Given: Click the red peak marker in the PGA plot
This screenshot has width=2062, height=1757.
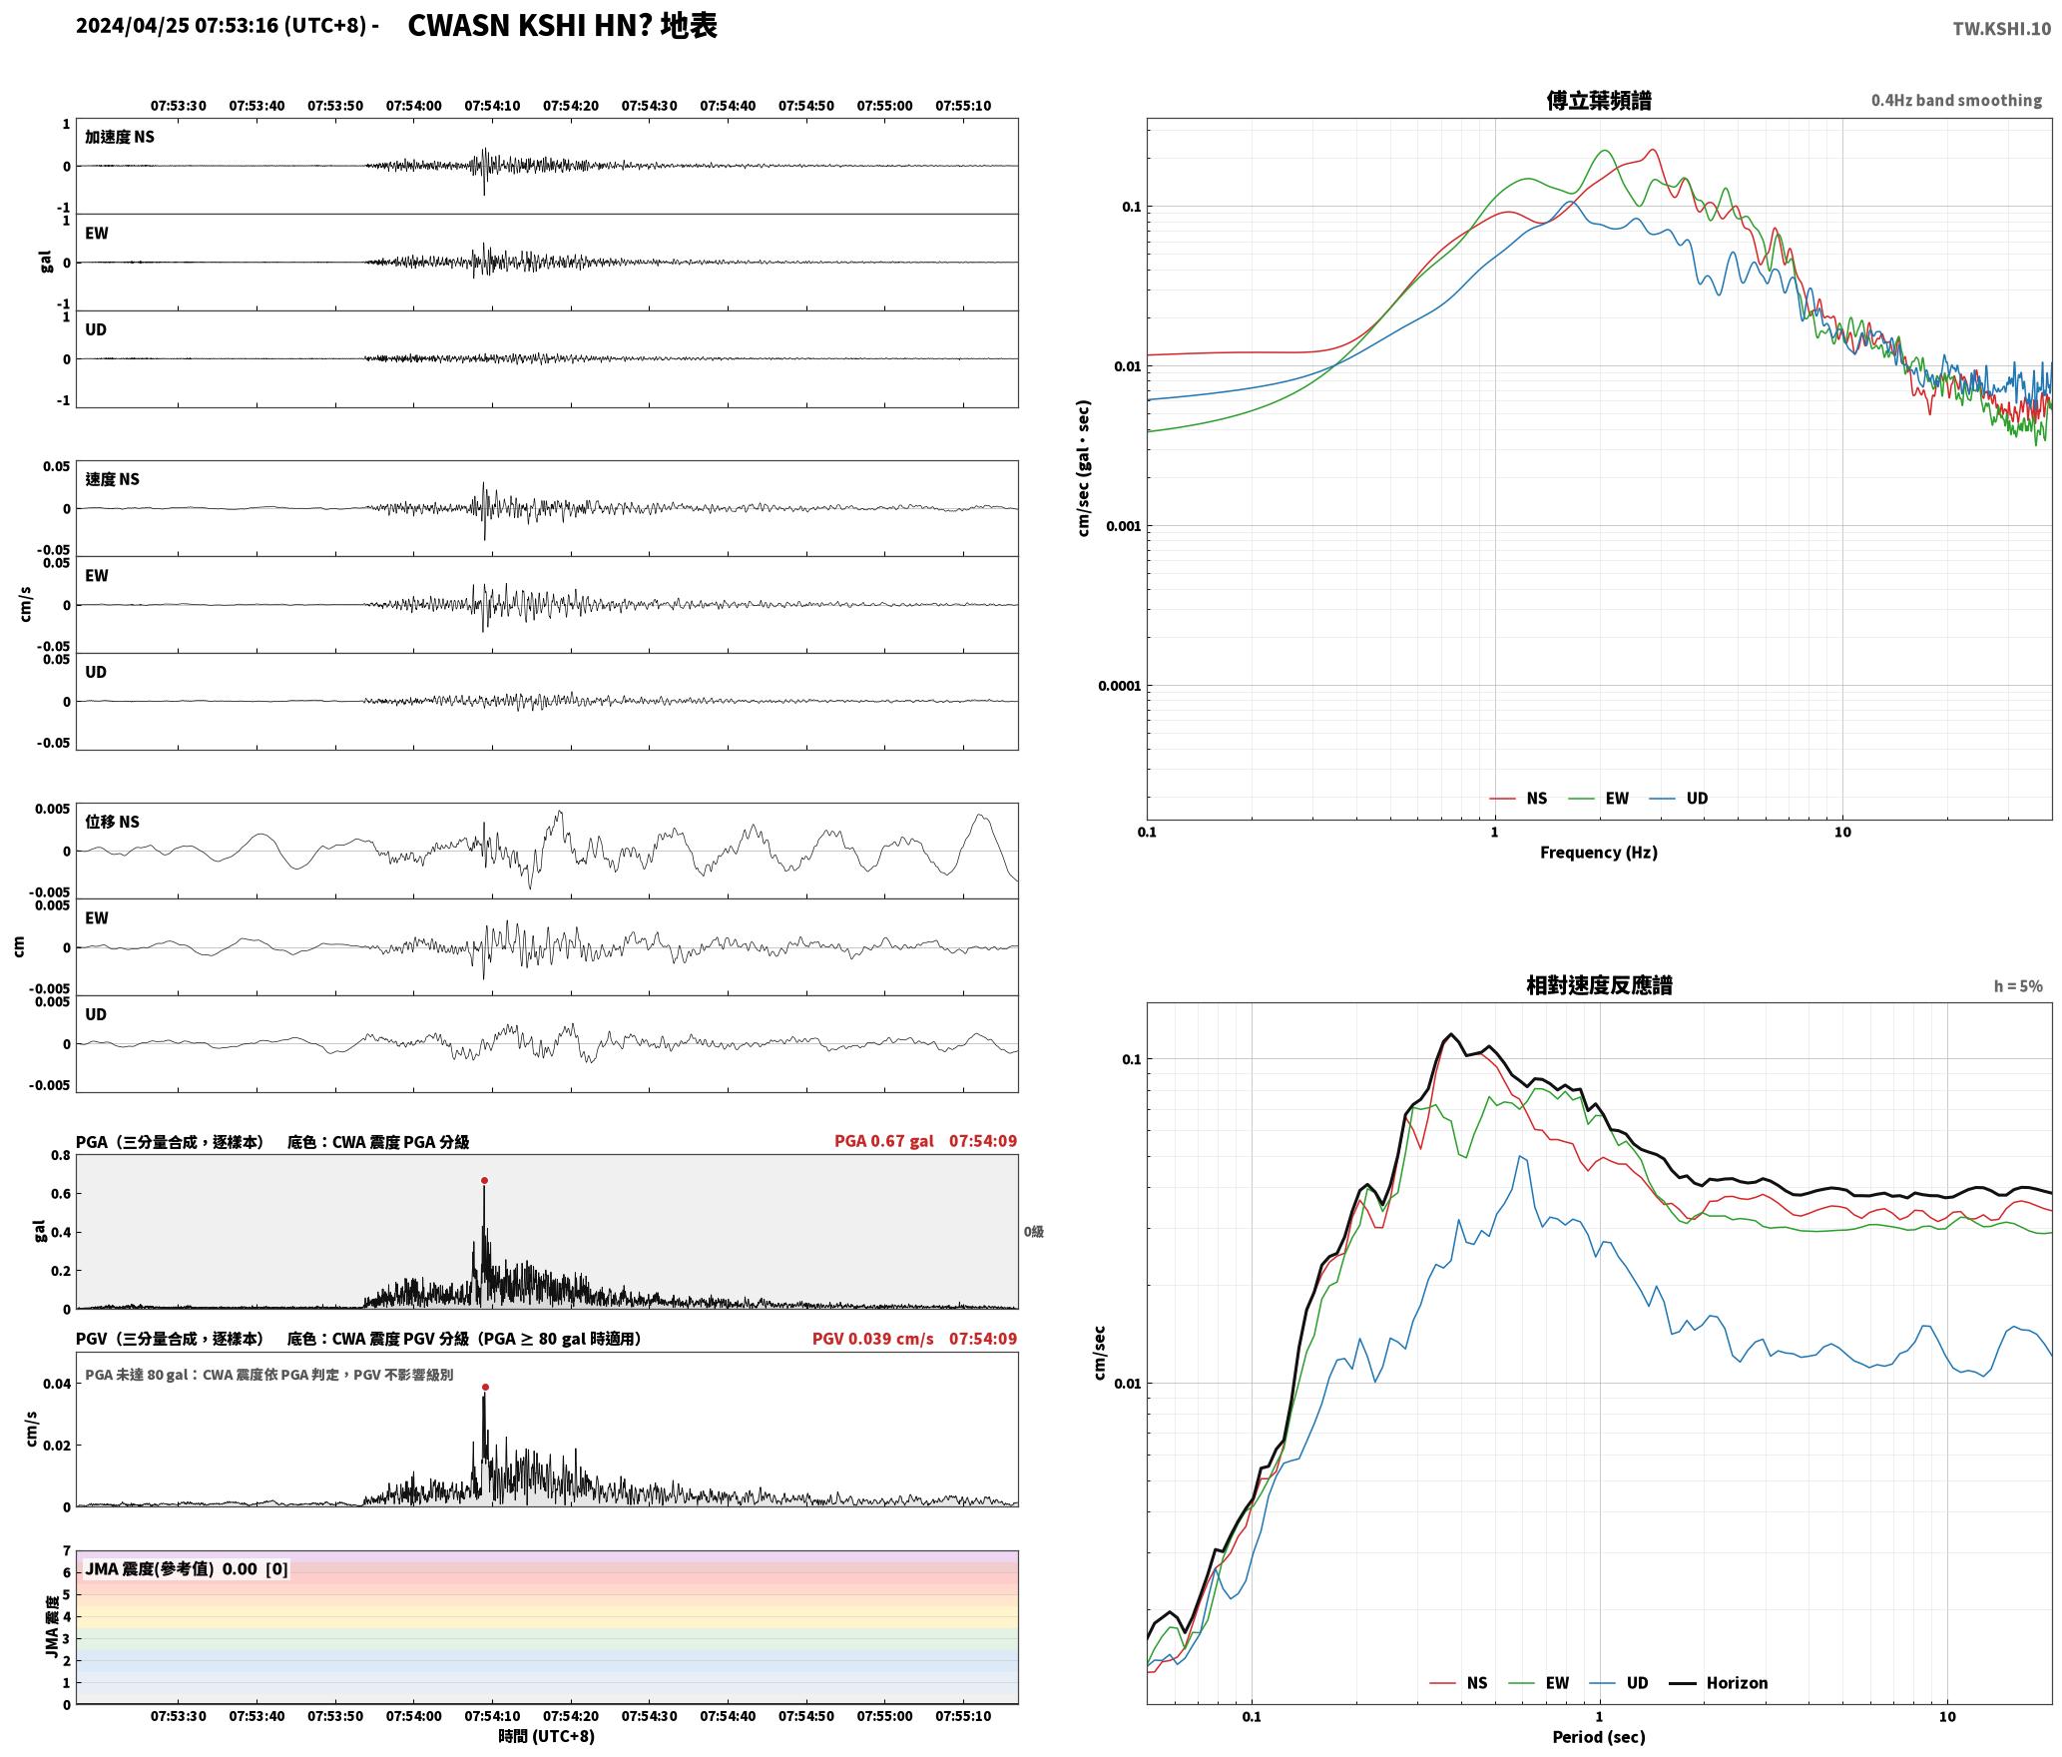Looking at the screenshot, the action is (x=484, y=1180).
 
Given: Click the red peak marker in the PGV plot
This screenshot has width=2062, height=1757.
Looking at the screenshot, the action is (x=485, y=1387).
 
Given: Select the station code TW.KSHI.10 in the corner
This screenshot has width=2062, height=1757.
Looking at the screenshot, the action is (x=2002, y=29).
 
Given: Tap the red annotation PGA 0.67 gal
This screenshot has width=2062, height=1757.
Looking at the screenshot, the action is (x=884, y=1141).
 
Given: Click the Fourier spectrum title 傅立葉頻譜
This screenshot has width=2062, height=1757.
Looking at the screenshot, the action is (x=1599, y=100).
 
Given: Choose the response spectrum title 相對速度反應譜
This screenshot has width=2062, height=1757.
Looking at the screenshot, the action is (x=1599, y=985).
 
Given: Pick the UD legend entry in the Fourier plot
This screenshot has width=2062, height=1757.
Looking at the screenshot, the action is (x=1679, y=799).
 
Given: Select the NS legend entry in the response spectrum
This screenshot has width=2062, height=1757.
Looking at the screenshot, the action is (x=1458, y=1683).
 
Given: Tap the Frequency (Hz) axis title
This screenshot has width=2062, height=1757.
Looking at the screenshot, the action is (x=1599, y=853).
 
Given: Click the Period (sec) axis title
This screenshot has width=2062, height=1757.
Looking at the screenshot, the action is (x=1599, y=1737).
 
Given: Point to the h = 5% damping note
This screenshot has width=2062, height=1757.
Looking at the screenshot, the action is (x=2018, y=986).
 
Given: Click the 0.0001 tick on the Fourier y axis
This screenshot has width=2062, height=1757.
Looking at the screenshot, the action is (x=1119, y=686).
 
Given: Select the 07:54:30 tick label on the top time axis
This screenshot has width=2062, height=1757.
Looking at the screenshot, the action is (x=649, y=106).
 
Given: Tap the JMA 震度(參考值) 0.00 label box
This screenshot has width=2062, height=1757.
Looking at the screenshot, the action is (x=187, y=1569).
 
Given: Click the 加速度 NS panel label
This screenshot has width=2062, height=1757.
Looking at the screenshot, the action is (x=120, y=137).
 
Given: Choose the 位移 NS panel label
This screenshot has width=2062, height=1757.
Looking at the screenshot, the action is (x=112, y=822).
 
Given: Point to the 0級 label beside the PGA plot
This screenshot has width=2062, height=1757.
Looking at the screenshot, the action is (x=1034, y=1232).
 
